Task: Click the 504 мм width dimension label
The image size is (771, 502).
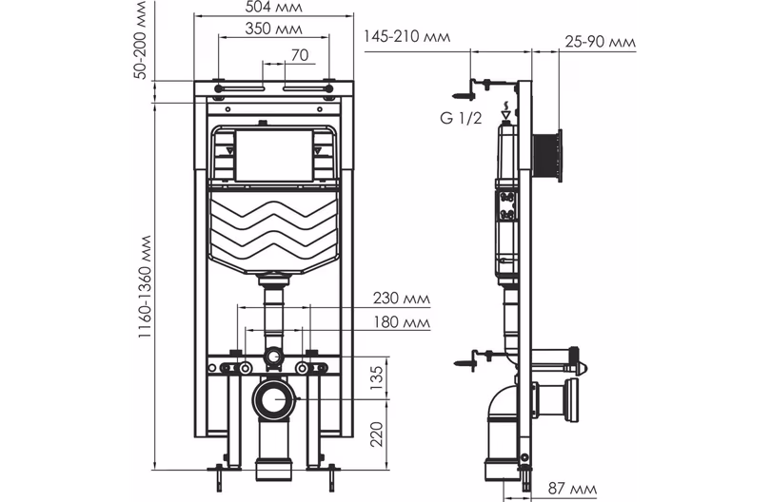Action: (x=273, y=8)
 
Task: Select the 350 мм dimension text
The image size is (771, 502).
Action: (x=273, y=29)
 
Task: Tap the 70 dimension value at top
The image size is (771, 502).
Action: (x=299, y=55)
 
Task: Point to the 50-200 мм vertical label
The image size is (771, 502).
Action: (x=141, y=46)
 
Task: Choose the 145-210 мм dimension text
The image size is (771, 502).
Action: (x=406, y=37)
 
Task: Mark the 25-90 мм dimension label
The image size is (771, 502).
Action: (x=600, y=43)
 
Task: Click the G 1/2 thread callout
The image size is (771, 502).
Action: (x=462, y=118)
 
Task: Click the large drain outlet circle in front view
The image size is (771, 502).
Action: (x=274, y=400)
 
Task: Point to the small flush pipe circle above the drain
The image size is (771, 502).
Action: (x=274, y=357)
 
